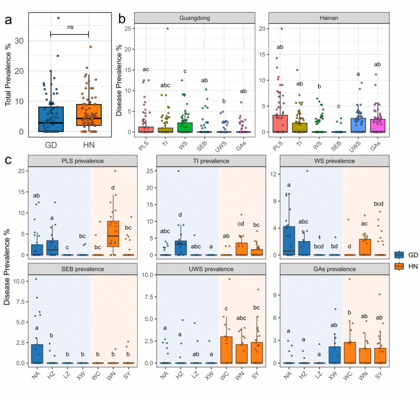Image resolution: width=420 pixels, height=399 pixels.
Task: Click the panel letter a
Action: click(8, 20)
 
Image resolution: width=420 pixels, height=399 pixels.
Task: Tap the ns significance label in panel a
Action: click(70, 26)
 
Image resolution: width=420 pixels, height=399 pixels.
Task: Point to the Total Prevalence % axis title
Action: click(9, 75)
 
